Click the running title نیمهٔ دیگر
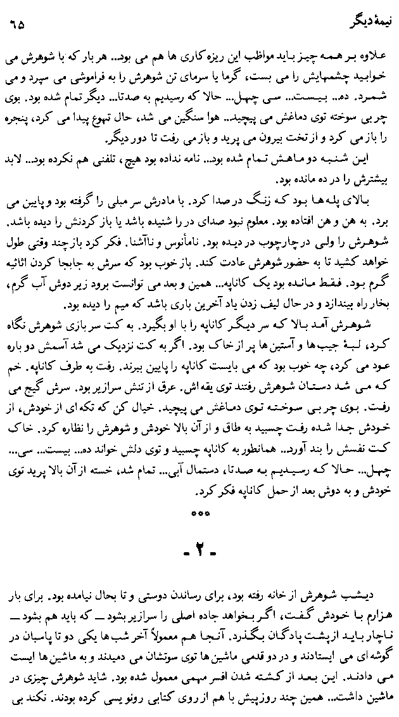click(358, 27)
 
